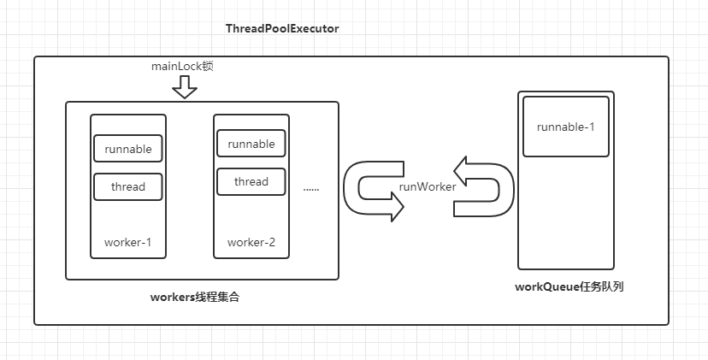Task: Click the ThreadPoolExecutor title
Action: click(282, 28)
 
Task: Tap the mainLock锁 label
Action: click(181, 66)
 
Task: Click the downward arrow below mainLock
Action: click(184, 86)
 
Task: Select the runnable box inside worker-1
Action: click(128, 149)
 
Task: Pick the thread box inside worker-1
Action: click(128, 186)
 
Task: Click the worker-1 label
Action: click(128, 242)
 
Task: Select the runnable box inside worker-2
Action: click(251, 144)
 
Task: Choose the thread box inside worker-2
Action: click(251, 181)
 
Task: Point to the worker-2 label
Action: click(251, 242)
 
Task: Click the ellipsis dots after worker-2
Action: click(310, 187)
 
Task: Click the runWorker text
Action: click(428, 187)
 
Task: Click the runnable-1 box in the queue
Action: click(565, 127)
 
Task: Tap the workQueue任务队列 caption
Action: click(569, 286)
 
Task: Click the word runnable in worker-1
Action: click(128, 149)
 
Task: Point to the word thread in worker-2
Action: click(251, 181)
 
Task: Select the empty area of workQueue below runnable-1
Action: click(565, 214)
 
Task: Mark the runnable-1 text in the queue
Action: click(565, 127)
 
